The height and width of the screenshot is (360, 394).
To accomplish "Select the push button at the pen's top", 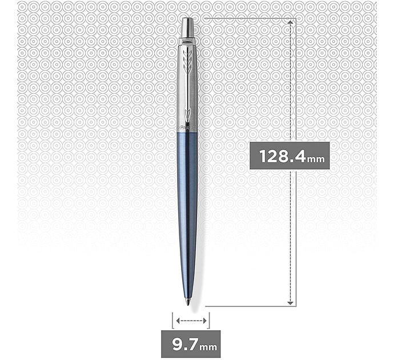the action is [x=188, y=27].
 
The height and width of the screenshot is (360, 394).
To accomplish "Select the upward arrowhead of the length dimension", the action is [x=290, y=22].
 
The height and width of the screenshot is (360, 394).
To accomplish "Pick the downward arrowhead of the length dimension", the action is [x=290, y=303].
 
